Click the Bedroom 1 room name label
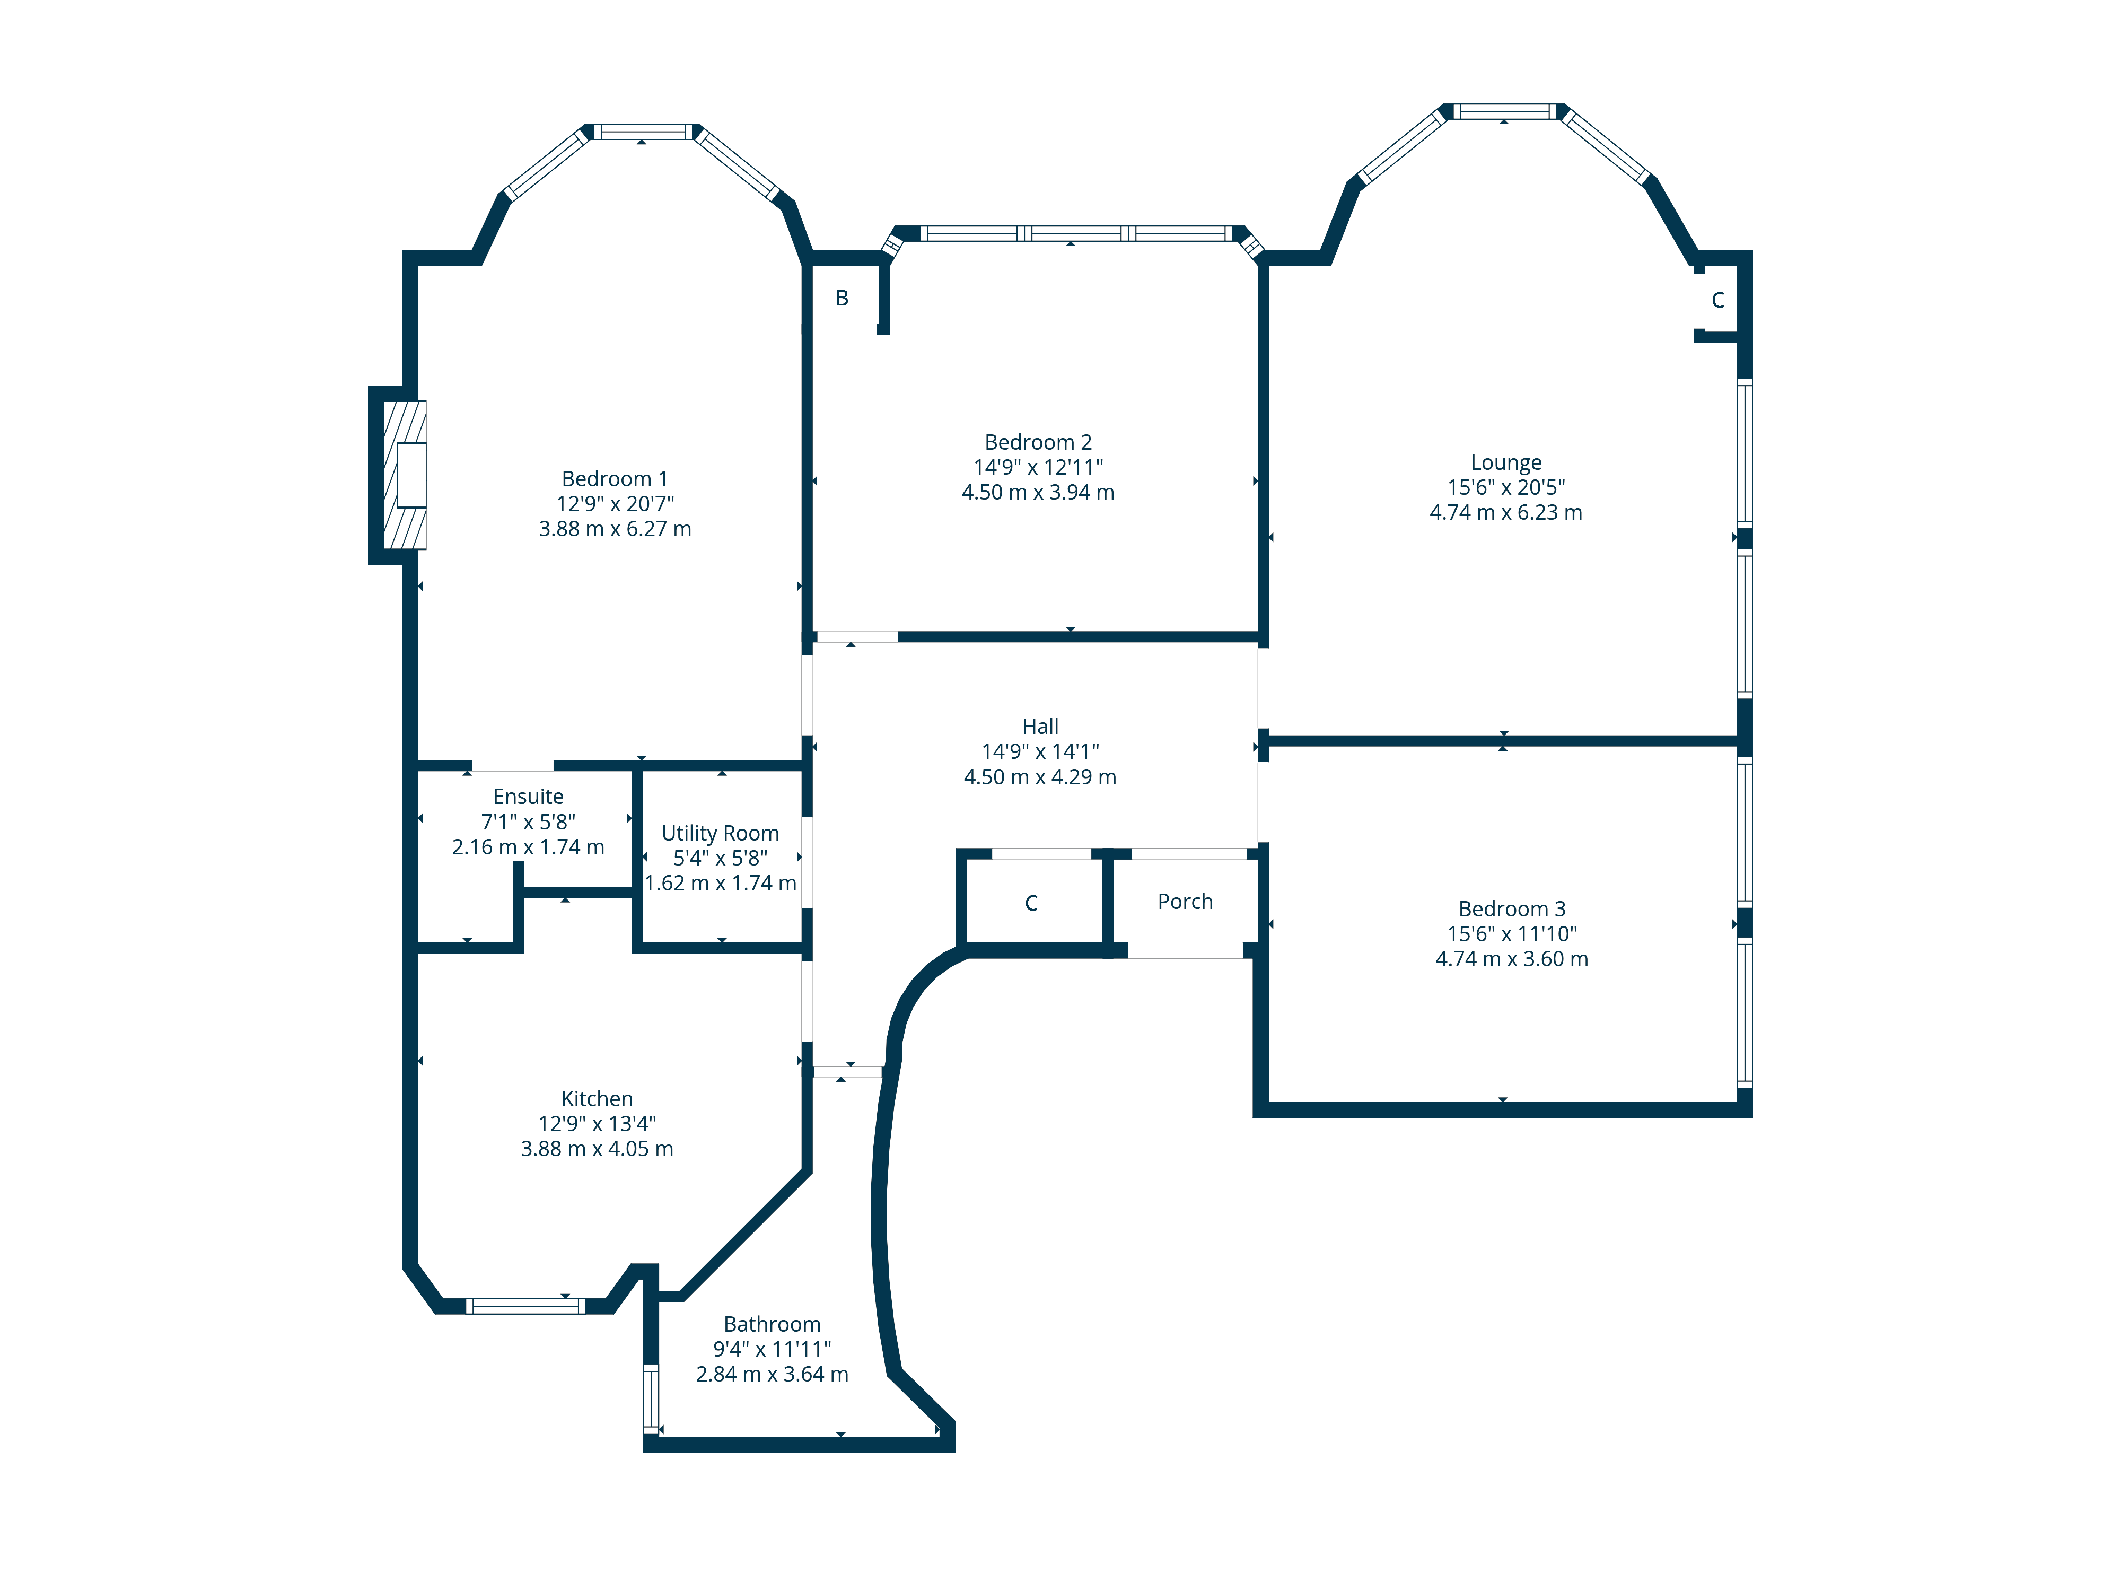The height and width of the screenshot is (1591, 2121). click(615, 478)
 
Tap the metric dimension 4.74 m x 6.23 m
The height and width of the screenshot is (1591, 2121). click(1505, 512)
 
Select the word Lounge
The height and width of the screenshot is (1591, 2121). click(1505, 463)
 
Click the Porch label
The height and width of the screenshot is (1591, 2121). click(1185, 902)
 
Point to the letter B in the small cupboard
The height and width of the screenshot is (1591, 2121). click(842, 298)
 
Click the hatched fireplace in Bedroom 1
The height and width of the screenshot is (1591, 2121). click(405, 475)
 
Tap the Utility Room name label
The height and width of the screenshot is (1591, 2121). click(720, 833)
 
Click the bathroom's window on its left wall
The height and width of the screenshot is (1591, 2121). click(651, 1398)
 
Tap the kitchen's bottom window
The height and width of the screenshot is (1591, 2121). click(525, 1306)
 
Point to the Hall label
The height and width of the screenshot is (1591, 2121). click(1040, 727)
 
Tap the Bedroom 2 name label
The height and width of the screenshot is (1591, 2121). click(1038, 442)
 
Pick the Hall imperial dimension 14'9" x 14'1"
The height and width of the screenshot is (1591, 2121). click(1040, 752)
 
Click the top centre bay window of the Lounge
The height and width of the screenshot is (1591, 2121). click(1504, 111)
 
